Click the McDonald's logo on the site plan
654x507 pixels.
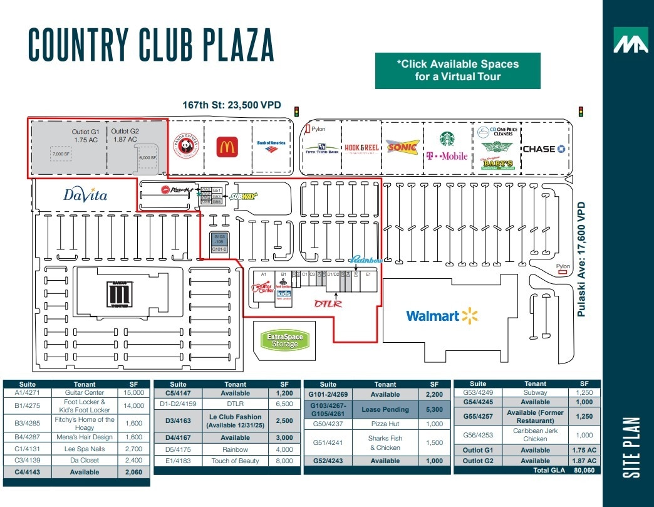click(x=226, y=148)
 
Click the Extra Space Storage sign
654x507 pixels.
click(x=285, y=341)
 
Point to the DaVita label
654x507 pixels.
click(x=86, y=195)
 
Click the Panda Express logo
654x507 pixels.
click(x=185, y=148)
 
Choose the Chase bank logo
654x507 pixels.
click(x=543, y=149)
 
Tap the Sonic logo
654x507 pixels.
click(x=402, y=148)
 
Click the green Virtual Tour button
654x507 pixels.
click(x=457, y=70)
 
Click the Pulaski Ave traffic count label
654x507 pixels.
click(x=582, y=258)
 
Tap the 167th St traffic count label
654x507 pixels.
click(x=232, y=105)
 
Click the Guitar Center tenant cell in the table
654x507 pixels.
click(x=85, y=393)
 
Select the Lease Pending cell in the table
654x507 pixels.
click(x=385, y=410)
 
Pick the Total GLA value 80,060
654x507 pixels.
click(x=584, y=470)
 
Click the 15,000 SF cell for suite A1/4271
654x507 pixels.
click(x=134, y=393)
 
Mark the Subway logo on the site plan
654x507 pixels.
click(x=244, y=196)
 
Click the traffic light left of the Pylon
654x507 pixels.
click(x=297, y=112)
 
